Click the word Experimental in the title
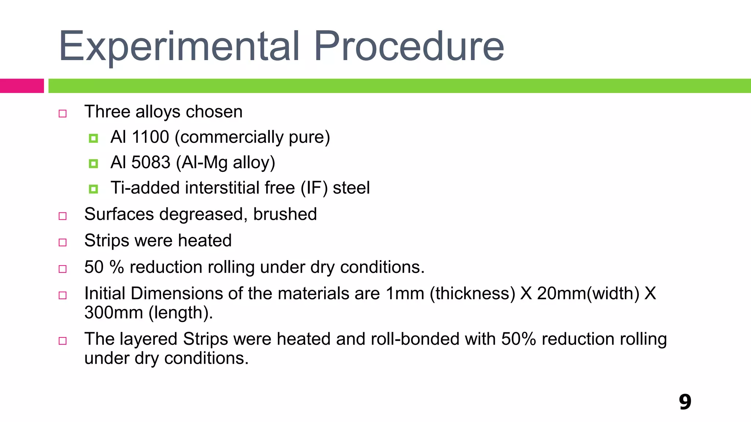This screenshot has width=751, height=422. tap(179, 47)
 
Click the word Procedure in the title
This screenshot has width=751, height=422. tap(409, 47)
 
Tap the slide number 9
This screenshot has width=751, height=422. tap(685, 402)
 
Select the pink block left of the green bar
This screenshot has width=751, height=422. tap(22, 86)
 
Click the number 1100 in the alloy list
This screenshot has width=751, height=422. tap(150, 137)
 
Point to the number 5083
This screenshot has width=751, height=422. tap(151, 162)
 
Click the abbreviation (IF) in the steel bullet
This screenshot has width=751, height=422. tap(314, 188)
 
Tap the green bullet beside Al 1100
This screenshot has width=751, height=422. tap(94, 138)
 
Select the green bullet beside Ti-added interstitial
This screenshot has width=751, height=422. tap(94, 189)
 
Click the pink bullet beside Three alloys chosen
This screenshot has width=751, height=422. tap(63, 114)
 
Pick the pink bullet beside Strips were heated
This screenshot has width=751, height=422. tap(63, 243)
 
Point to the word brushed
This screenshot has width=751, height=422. tap(285, 214)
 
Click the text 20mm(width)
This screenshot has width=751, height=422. tap(588, 294)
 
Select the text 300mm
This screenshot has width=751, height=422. tap(114, 313)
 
